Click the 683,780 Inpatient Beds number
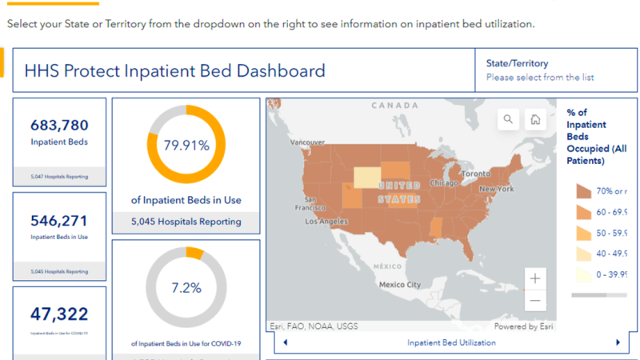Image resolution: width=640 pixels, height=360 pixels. point(59,125)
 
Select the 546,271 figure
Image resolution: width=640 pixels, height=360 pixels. point(59,221)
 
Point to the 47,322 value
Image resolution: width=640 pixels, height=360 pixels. point(59,314)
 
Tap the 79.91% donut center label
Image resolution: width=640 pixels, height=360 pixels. point(186,146)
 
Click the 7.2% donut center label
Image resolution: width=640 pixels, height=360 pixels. point(186,287)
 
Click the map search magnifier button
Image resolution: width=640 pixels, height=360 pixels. point(508,120)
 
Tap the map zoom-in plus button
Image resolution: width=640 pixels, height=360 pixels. point(535,278)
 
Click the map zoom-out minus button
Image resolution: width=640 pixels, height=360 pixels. point(535,301)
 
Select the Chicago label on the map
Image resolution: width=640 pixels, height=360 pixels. point(443,182)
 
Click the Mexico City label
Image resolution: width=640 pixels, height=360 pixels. point(400,285)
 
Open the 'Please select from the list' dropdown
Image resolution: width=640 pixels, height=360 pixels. point(540,78)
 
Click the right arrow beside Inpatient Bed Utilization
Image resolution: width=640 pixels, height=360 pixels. point(618,342)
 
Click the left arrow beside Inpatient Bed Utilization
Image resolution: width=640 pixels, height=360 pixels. point(286,342)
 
